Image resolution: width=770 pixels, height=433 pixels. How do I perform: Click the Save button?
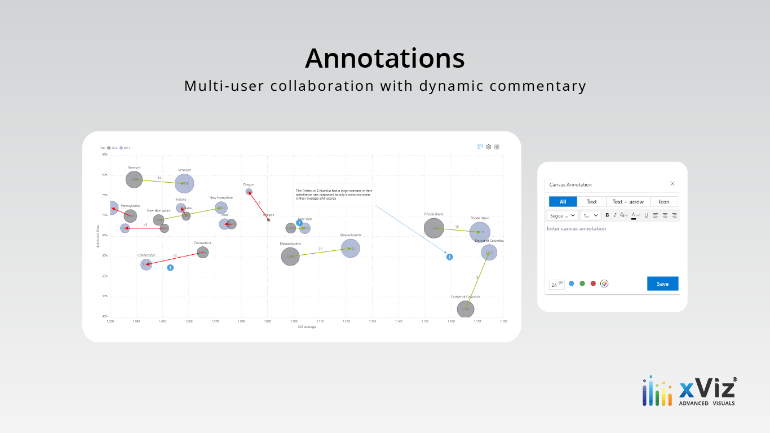point(662,284)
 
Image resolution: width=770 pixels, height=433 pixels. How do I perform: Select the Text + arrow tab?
point(628,202)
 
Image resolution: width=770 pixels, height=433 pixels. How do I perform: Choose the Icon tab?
point(664,202)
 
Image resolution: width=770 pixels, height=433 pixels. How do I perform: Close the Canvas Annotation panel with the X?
point(672,184)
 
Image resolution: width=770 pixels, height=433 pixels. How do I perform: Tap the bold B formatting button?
point(607,215)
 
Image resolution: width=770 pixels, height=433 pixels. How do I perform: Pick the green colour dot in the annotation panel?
point(582,284)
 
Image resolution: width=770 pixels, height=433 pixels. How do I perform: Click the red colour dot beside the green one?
point(593,284)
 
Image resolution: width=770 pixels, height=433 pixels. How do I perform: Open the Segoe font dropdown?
point(562,215)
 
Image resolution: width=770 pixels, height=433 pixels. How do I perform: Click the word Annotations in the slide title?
point(384,58)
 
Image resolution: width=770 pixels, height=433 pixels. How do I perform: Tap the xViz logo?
point(689,391)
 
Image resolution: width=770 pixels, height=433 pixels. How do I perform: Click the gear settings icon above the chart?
point(489,147)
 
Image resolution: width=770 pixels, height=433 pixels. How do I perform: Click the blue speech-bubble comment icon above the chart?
point(480,147)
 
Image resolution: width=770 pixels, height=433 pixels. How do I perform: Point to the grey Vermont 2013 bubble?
point(134,179)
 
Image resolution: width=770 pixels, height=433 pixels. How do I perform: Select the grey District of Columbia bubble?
point(466,309)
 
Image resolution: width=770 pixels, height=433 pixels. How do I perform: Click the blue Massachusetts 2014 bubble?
point(351,249)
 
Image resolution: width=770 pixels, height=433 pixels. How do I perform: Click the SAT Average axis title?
point(307,327)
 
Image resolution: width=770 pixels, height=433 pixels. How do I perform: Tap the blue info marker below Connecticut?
point(170,268)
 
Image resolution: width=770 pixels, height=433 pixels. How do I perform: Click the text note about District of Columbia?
point(334,195)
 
